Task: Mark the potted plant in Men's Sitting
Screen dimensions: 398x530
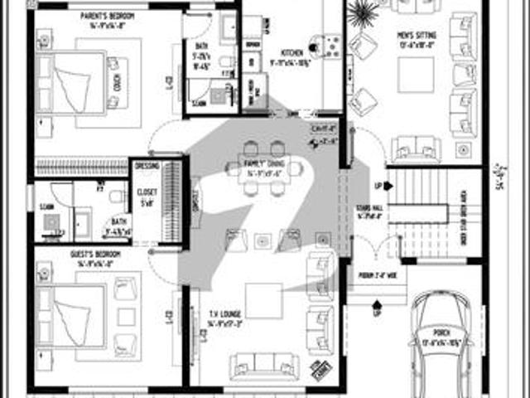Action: point(364,14)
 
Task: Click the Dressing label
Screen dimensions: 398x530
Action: point(147,165)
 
